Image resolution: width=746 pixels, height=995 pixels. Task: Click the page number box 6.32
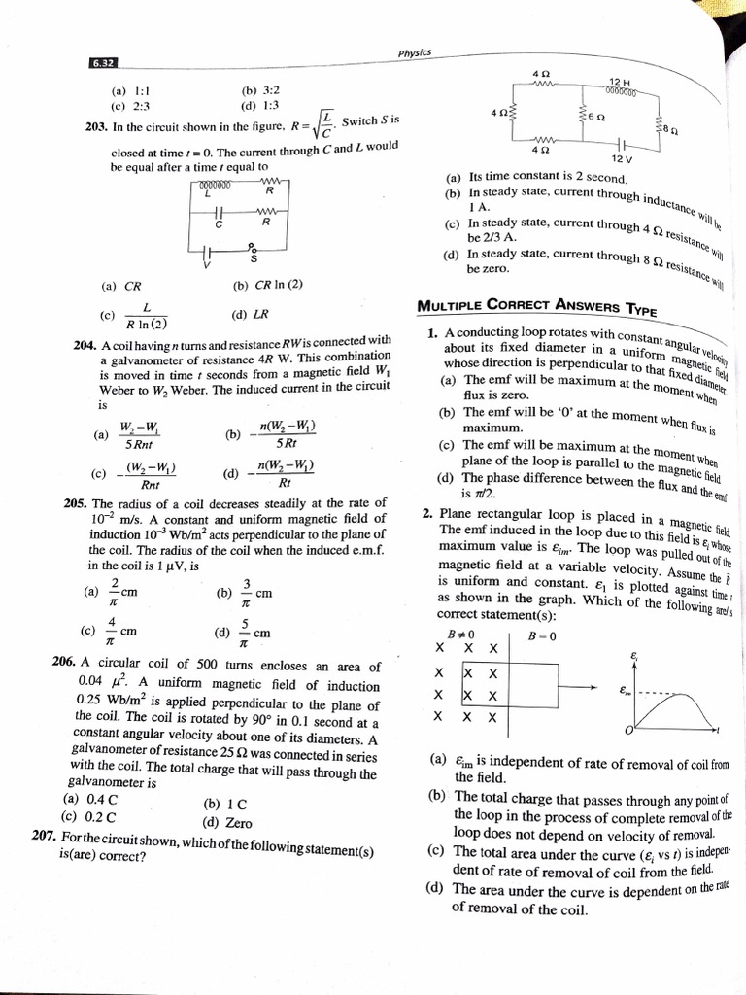(103, 63)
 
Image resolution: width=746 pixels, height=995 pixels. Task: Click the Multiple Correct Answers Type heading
(536, 307)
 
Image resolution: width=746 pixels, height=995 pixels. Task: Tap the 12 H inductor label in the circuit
(621, 82)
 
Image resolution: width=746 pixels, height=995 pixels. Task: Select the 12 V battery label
(622, 158)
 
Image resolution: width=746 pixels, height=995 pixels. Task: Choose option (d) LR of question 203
(251, 315)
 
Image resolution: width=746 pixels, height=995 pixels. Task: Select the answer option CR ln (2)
(268, 285)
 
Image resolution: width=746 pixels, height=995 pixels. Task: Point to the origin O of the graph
(629, 730)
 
